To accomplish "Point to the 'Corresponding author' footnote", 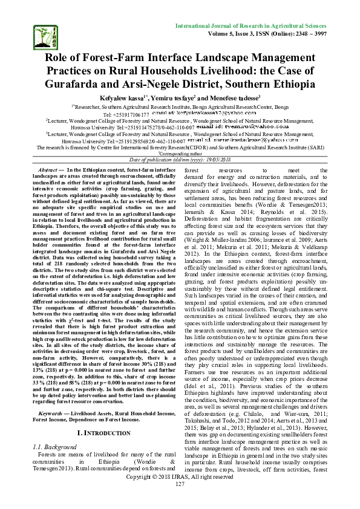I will click(x=181, y=154).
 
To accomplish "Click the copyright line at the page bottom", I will click(x=180, y=494).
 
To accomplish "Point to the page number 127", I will click(x=180, y=502).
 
